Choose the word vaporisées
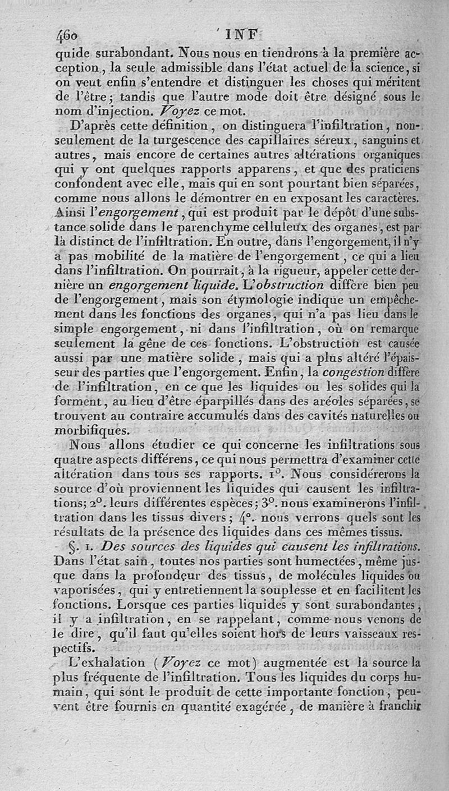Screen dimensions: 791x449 click(87, 589)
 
